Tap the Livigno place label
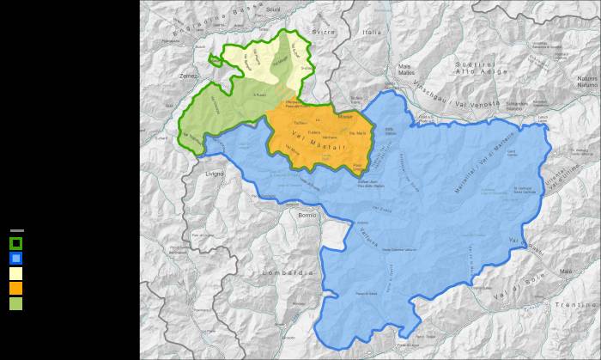pos(214,174)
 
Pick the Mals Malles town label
pos(406,69)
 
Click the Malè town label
pos(565,271)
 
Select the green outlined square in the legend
pos(16,242)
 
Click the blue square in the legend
pos(16,258)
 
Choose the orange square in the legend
pos(16,288)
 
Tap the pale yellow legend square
pos(16,273)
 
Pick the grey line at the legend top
pos(16,230)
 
